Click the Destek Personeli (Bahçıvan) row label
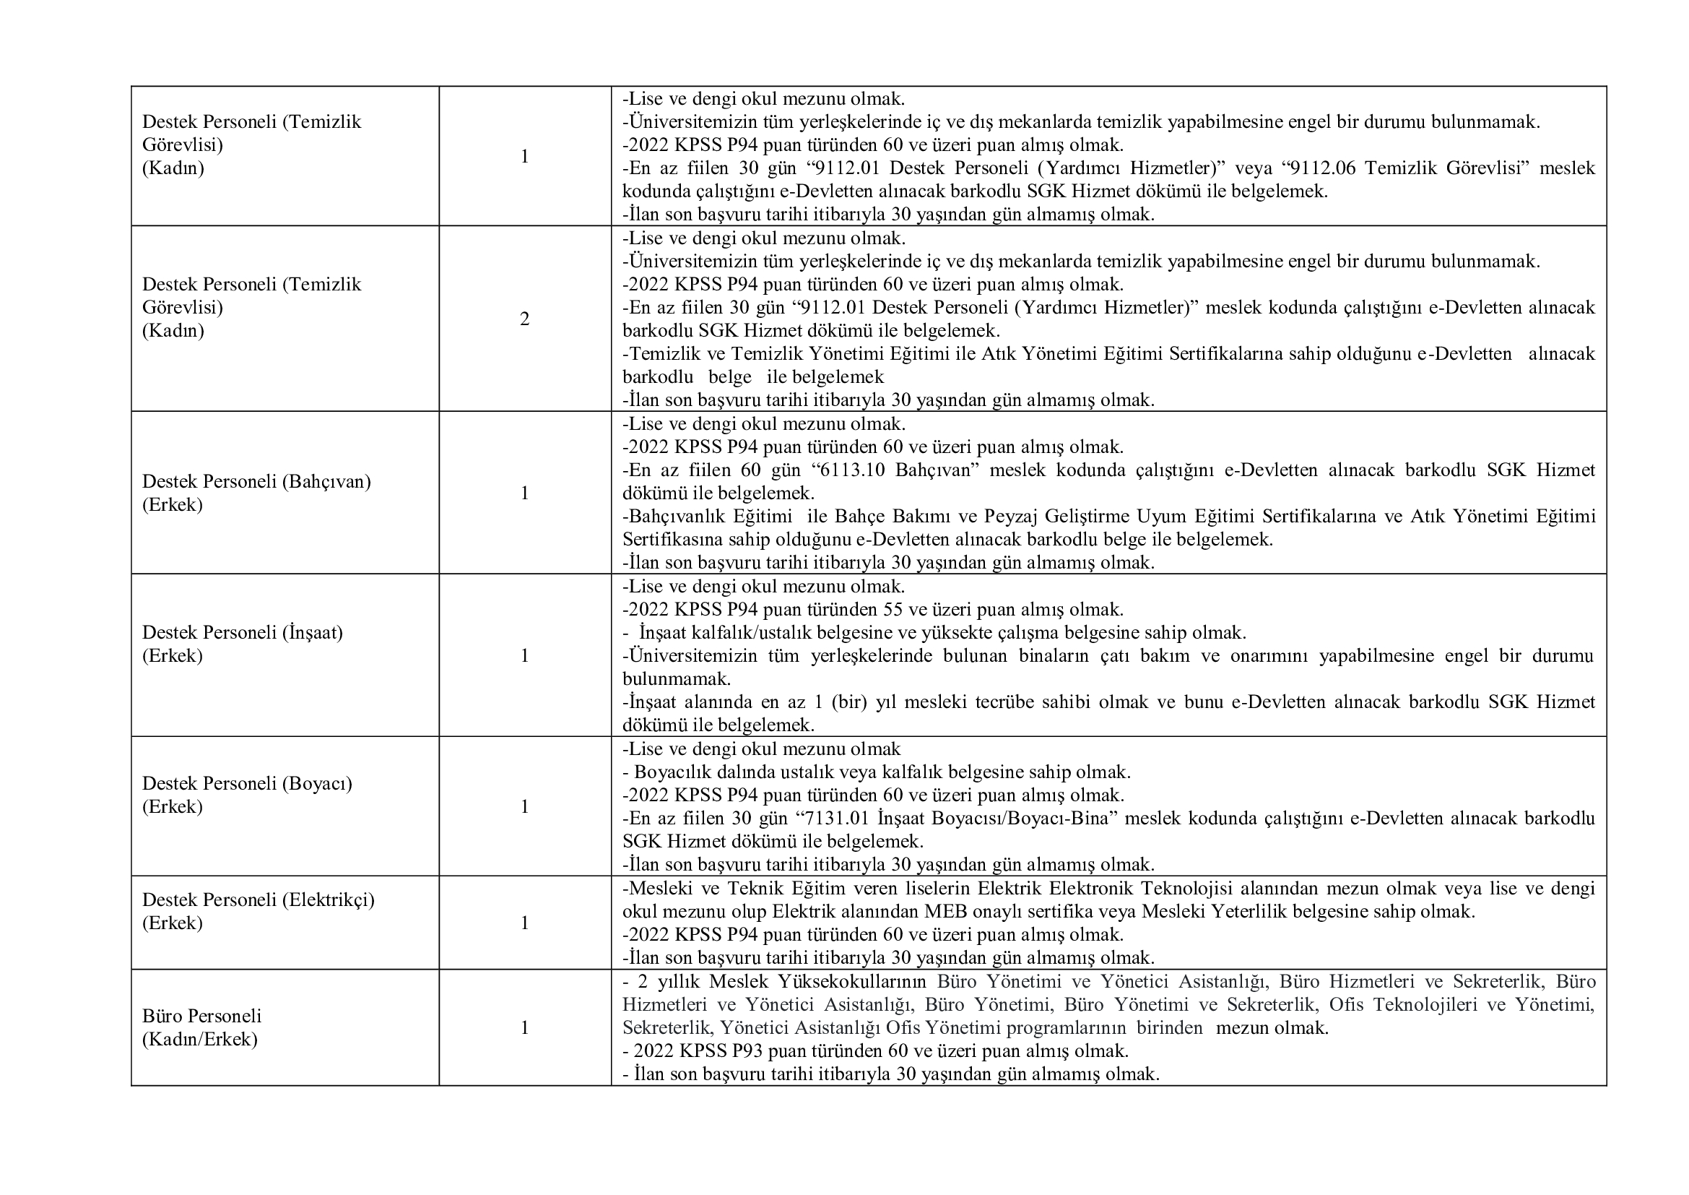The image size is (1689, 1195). point(256,482)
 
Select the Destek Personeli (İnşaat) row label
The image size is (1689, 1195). point(242,633)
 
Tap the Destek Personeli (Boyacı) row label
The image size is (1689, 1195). point(246,784)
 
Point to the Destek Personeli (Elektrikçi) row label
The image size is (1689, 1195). point(259,900)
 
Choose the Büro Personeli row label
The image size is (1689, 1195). point(201,1017)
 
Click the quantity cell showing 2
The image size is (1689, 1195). point(524,319)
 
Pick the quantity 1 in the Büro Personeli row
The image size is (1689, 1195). point(524,1028)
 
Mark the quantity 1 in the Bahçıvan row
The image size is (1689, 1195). point(524,493)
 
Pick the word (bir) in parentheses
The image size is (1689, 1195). point(848,703)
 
